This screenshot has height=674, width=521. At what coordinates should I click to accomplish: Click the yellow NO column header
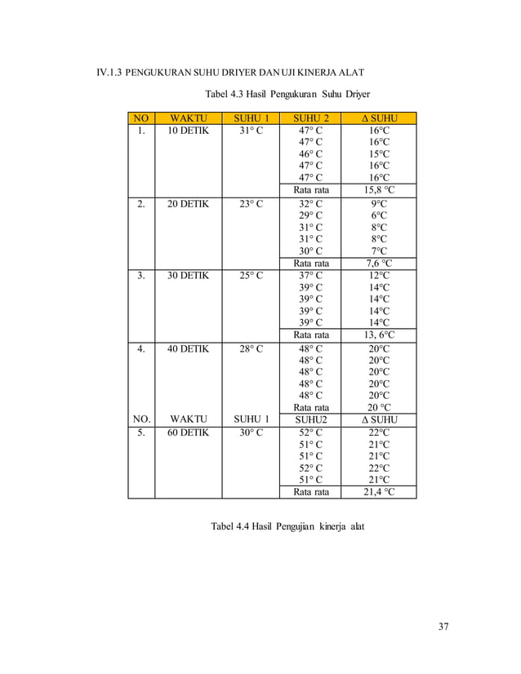[x=140, y=118]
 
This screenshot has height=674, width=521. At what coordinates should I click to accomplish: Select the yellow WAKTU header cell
[x=189, y=118]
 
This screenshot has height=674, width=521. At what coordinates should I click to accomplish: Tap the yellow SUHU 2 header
[x=310, y=118]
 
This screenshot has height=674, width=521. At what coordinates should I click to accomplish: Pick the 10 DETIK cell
[x=189, y=131]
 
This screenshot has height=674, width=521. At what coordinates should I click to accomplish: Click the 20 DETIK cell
[x=189, y=204]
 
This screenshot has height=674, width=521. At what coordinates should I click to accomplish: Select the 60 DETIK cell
[x=189, y=432]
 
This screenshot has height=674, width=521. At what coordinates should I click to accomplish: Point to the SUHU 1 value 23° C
[x=252, y=204]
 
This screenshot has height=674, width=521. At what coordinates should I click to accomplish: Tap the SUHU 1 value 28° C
[x=252, y=348]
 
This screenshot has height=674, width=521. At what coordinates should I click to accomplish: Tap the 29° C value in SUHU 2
[x=310, y=215]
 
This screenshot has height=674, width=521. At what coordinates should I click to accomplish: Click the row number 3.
[x=140, y=276]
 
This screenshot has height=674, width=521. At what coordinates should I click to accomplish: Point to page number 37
[x=443, y=627]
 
